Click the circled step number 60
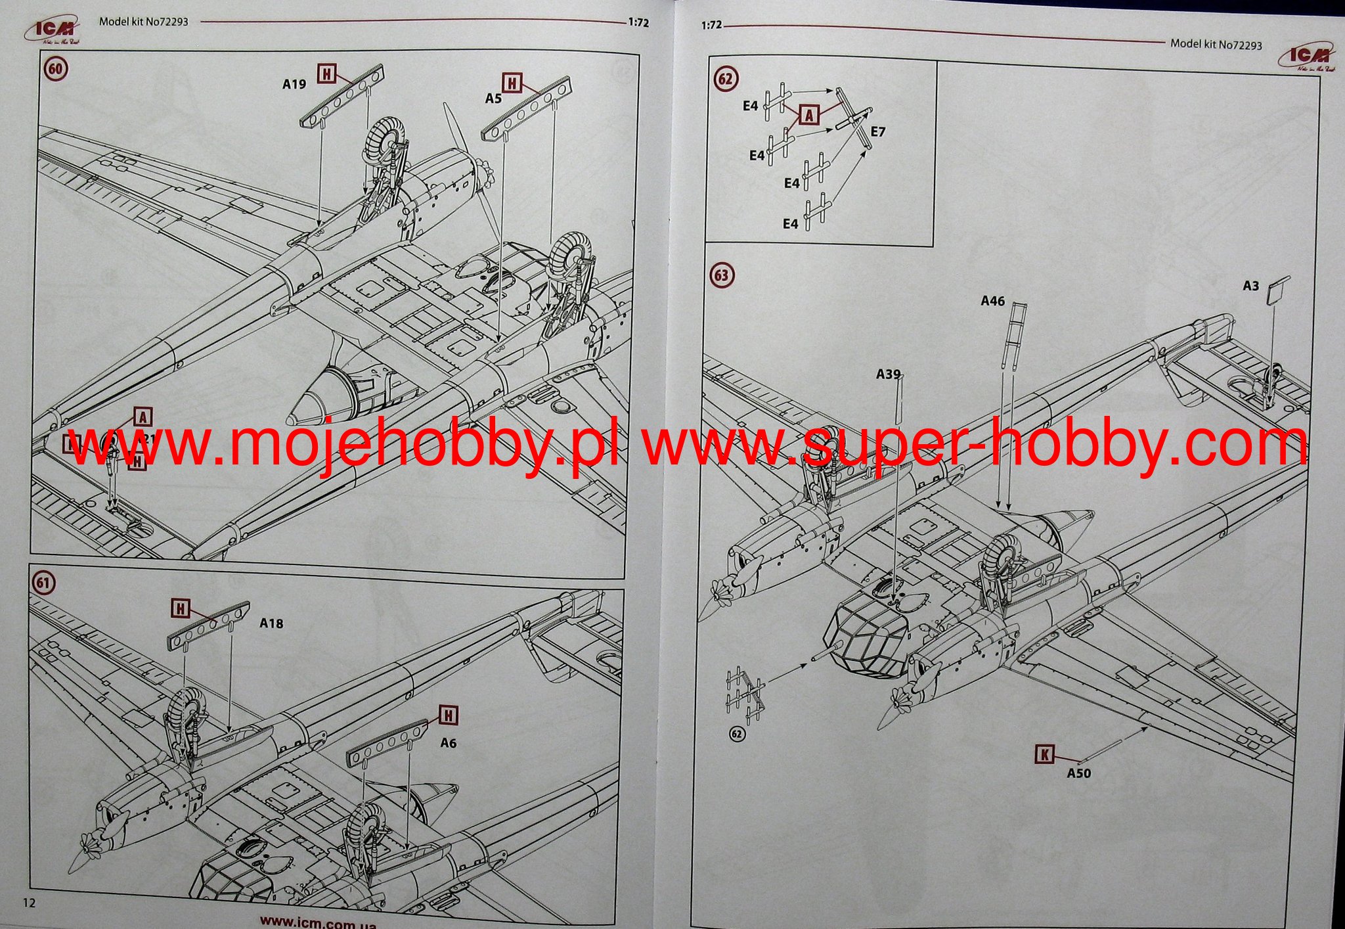click(x=56, y=69)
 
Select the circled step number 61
click(x=44, y=583)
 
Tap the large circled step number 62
click(x=725, y=79)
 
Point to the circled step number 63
click(x=721, y=275)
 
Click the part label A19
click(x=294, y=84)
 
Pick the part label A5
click(x=493, y=99)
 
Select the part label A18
click(x=271, y=623)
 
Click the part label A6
click(x=448, y=743)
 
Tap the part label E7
click(x=878, y=132)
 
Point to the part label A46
click(x=992, y=301)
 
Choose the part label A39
click(x=888, y=374)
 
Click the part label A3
click(x=1250, y=286)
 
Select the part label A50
click(x=1078, y=773)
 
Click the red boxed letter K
click(x=1044, y=755)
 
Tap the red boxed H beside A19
click(x=326, y=74)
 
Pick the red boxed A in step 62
click(x=809, y=116)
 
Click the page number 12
click(x=29, y=902)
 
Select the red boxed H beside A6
click(x=449, y=715)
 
